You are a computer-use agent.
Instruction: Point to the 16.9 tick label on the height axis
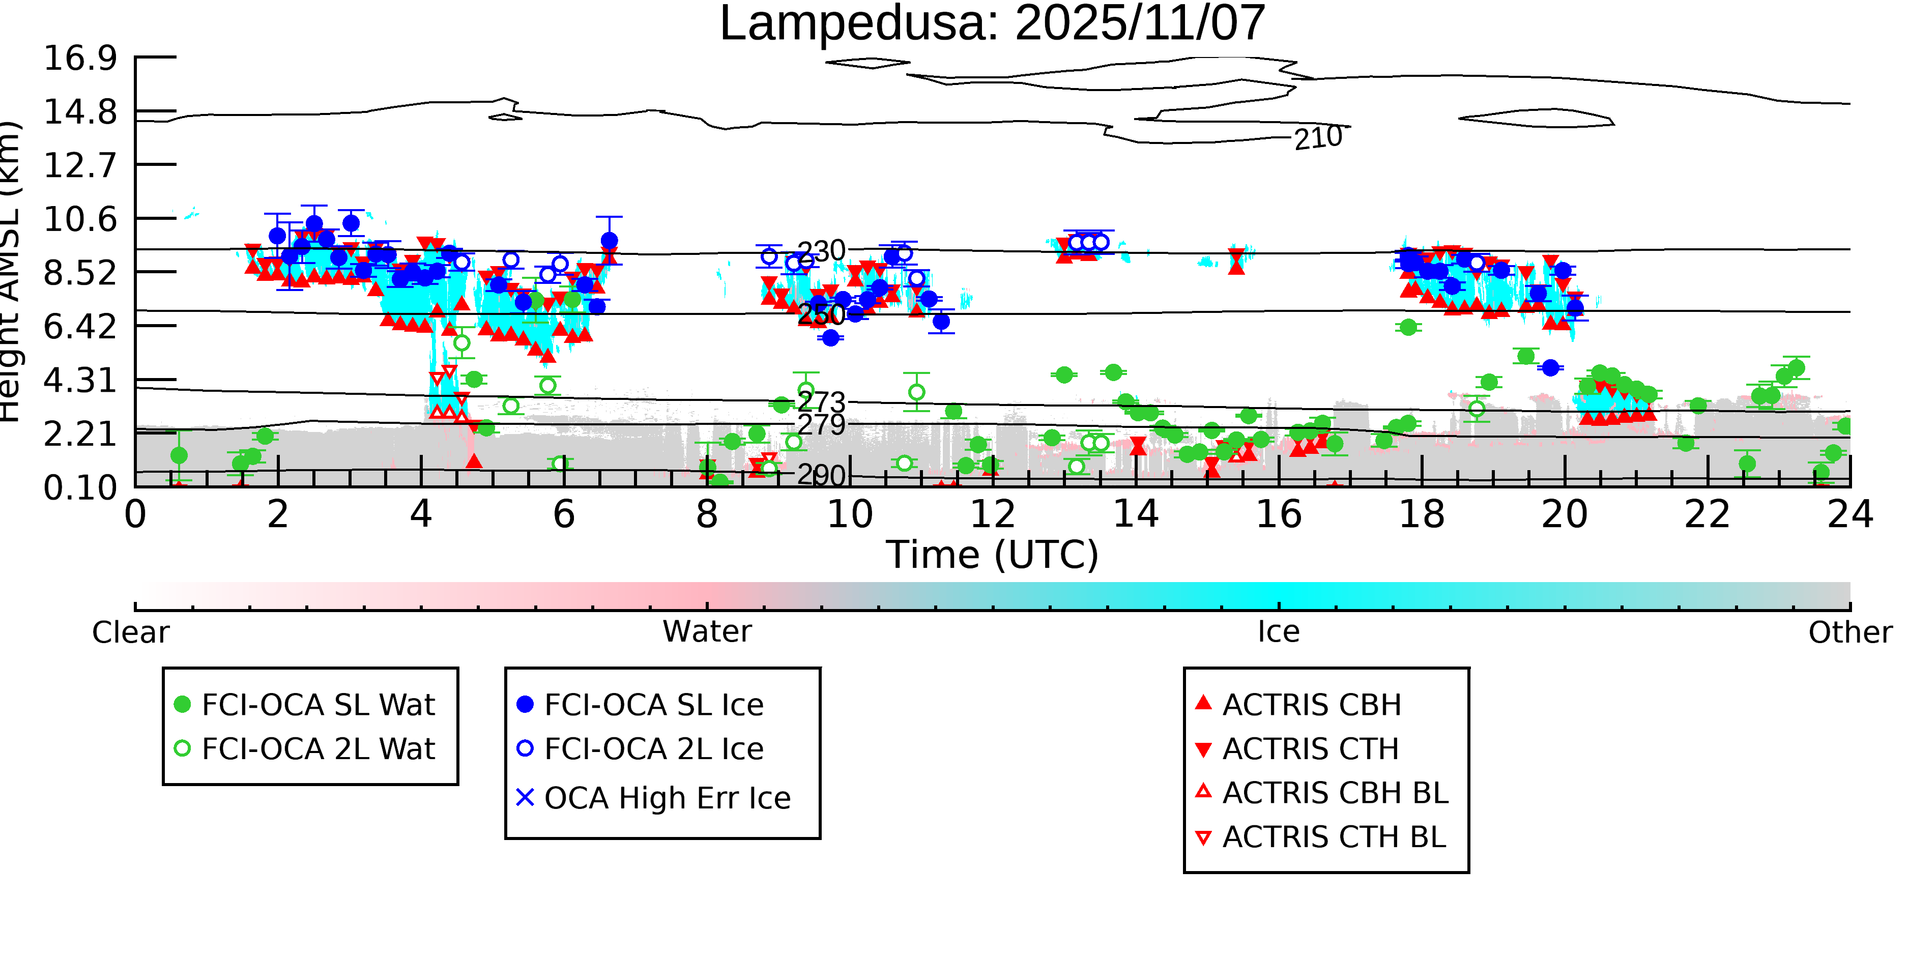point(80,59)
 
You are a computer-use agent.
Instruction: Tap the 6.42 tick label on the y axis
point(80,327)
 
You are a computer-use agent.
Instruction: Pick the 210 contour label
point(1318,138)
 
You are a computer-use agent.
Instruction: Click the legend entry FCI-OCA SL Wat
point(318,704)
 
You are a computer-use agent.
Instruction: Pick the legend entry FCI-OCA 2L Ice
point(653,749)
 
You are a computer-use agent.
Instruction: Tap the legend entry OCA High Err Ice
point(667,798)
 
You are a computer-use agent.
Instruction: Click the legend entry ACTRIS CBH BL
point(1335,793)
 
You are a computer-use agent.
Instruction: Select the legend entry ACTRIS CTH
point(1310,749)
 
